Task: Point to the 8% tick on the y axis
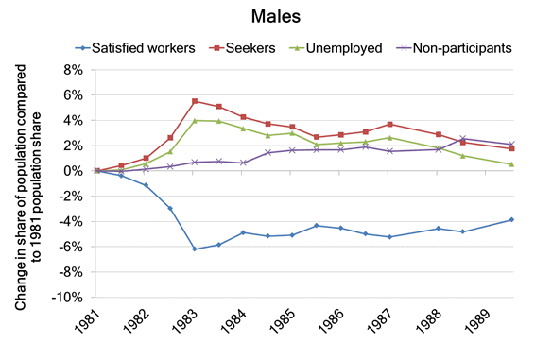tap(71, 70)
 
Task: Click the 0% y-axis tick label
tap(71, 171)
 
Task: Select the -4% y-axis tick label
tap(69, 221)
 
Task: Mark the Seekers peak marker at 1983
tap(194, 101)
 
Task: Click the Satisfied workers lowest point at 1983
tap(194, 249)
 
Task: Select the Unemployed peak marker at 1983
tap(194, 120)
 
